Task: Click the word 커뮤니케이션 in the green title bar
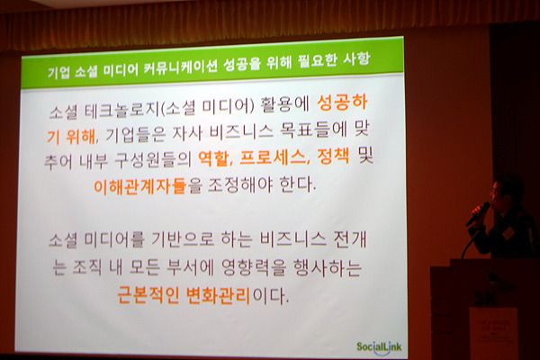coord(180,67)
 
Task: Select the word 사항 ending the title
coord(356,59)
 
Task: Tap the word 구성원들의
coord(153,160)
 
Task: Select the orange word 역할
coord(213,158)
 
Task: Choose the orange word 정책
coord(333,156)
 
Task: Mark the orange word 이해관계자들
coord(140,186)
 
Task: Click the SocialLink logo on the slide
coord(379,346)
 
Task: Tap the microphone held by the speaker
coord(478,214)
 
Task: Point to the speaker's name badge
coord(507,233)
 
